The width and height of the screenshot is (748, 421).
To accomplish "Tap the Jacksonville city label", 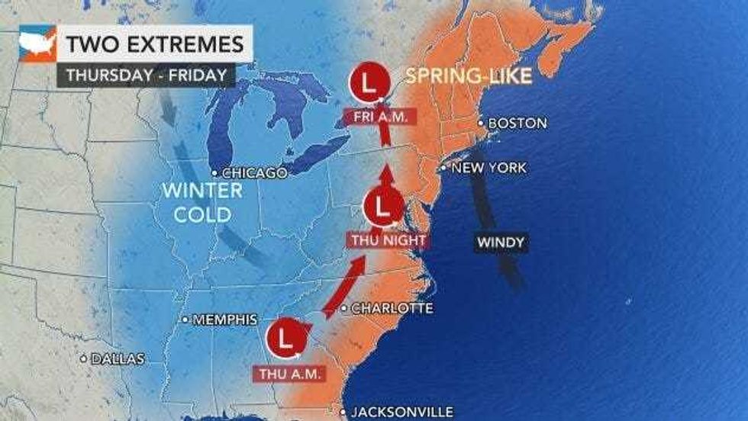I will tap(401, 410).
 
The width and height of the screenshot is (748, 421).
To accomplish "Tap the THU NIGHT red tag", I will tap(386, 240).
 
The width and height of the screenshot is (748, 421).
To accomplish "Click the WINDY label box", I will tap(501, 243).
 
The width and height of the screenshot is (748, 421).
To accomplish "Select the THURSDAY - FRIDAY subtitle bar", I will tap(145, 75).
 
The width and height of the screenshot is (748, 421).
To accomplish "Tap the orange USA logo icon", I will tap(37, 44).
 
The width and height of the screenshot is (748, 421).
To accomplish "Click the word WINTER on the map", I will tap(202, 191).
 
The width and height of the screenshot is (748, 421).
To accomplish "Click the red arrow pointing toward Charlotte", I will tap(341, 287).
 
